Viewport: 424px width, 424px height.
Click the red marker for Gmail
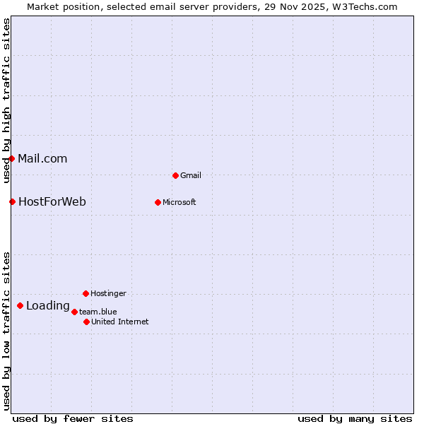175,175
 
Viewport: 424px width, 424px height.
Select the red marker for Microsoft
158,202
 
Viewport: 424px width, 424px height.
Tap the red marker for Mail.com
12,158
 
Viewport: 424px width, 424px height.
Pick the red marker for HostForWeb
12,201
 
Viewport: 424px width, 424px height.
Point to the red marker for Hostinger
86,293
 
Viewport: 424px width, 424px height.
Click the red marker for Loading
20,305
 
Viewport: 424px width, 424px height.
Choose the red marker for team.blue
74,312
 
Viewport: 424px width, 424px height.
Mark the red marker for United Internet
86,322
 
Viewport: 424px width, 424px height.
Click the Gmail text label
191,175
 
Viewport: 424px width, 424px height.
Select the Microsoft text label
179,202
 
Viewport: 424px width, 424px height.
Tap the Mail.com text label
42,158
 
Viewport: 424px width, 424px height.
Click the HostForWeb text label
52,201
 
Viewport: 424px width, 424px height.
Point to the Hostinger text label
108,293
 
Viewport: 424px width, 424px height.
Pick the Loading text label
48,306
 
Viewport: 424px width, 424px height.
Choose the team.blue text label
98,312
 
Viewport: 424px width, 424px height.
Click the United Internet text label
120,322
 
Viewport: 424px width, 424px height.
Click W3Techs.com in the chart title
364,6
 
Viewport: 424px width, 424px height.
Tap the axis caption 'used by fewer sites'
73,418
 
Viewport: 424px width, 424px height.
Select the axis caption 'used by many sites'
355,418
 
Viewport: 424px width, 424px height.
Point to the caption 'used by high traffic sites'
6,100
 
